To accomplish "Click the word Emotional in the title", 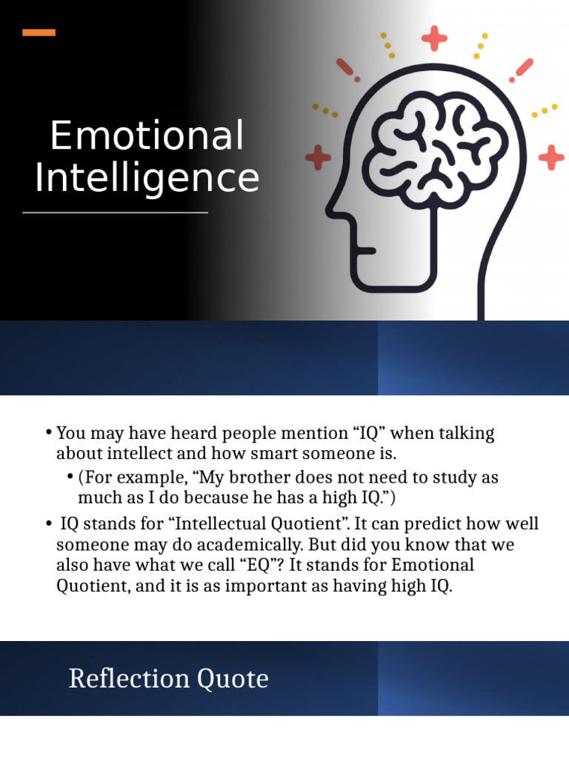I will pyautogui.click(x=147, y=137).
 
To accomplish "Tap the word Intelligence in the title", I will pyautogui.click(x=147, y=179).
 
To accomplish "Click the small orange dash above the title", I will pyautogui.click(x=39, y=33).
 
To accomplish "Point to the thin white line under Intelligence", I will pyautogui.click(x=115, y=212).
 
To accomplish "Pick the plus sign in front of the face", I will pyautogui.click(x=318, y=157).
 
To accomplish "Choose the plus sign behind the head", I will pyautogui.click(x=550, y=157).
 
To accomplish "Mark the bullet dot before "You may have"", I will pyautogui.click(x=49, y=432).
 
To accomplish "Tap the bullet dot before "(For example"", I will pyautogui.click(x=70, y=477).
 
